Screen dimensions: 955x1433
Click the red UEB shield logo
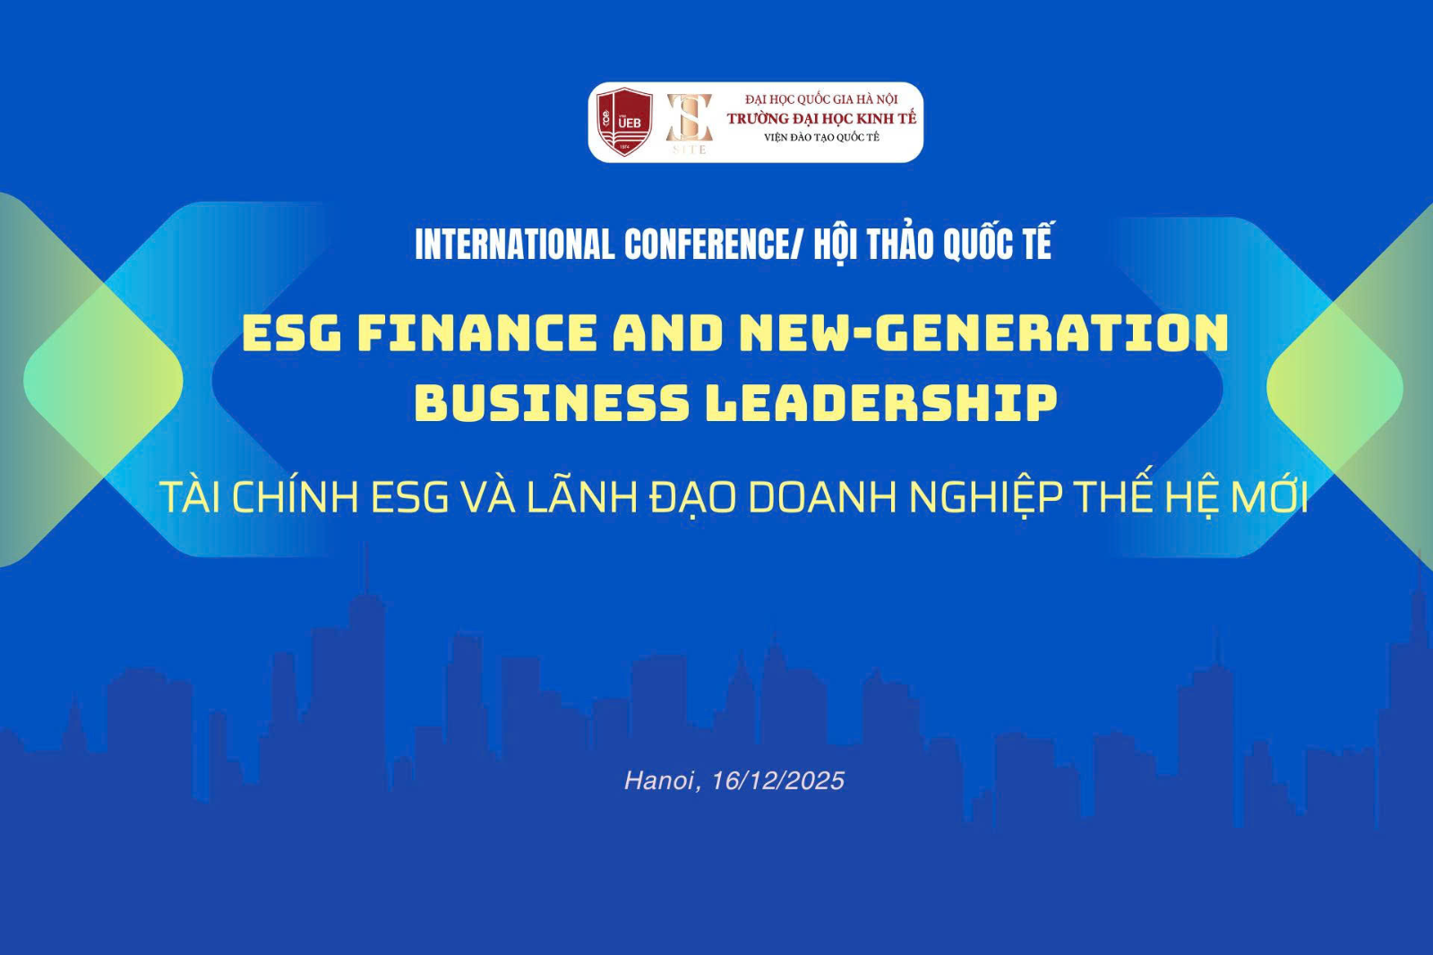click(x=624, y=121)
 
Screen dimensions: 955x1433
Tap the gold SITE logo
click(x=689, y=122)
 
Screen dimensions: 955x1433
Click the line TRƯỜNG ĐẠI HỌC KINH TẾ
click(x=821, y=118)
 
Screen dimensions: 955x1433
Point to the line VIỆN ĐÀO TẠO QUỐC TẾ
click(x=821, y=137)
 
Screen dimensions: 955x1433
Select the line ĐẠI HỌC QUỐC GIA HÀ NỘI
click(x=821, y=99)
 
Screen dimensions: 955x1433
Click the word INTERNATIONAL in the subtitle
click(x=514, y=245)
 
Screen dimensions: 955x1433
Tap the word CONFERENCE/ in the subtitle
click(x=713, y=245)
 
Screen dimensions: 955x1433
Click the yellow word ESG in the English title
click(x=292, y=333)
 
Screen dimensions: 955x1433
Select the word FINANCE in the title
click(x=477, y=333)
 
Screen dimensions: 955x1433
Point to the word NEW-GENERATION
click(x=983, y=333)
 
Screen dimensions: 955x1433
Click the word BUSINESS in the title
click(x=552, y=402)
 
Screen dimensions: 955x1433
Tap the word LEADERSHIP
click(x=882, y=402)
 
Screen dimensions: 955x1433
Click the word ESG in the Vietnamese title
click(x=409, y=497)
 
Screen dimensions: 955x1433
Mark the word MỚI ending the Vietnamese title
click(x=1269, y=497)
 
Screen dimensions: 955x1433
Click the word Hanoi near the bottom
click(x=659, y=781)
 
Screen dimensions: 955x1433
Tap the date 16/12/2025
click(x=777, y=781)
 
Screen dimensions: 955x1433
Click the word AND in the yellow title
click(x=668, y=333)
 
